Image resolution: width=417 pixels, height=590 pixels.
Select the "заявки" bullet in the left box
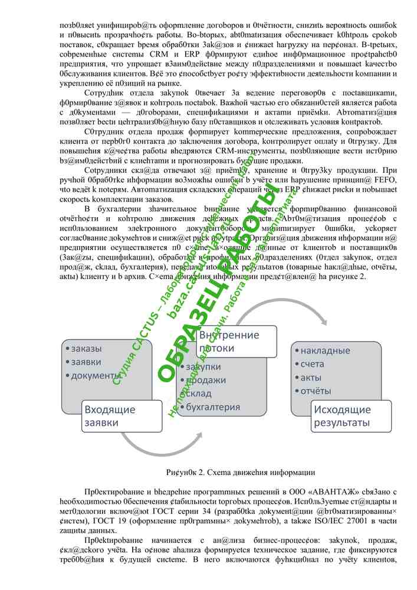[86, 362]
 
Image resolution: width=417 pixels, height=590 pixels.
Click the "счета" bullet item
[313, 364]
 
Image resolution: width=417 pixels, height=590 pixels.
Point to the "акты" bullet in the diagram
[311, 378]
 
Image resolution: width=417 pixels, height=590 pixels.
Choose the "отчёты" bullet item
[316, 391]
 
